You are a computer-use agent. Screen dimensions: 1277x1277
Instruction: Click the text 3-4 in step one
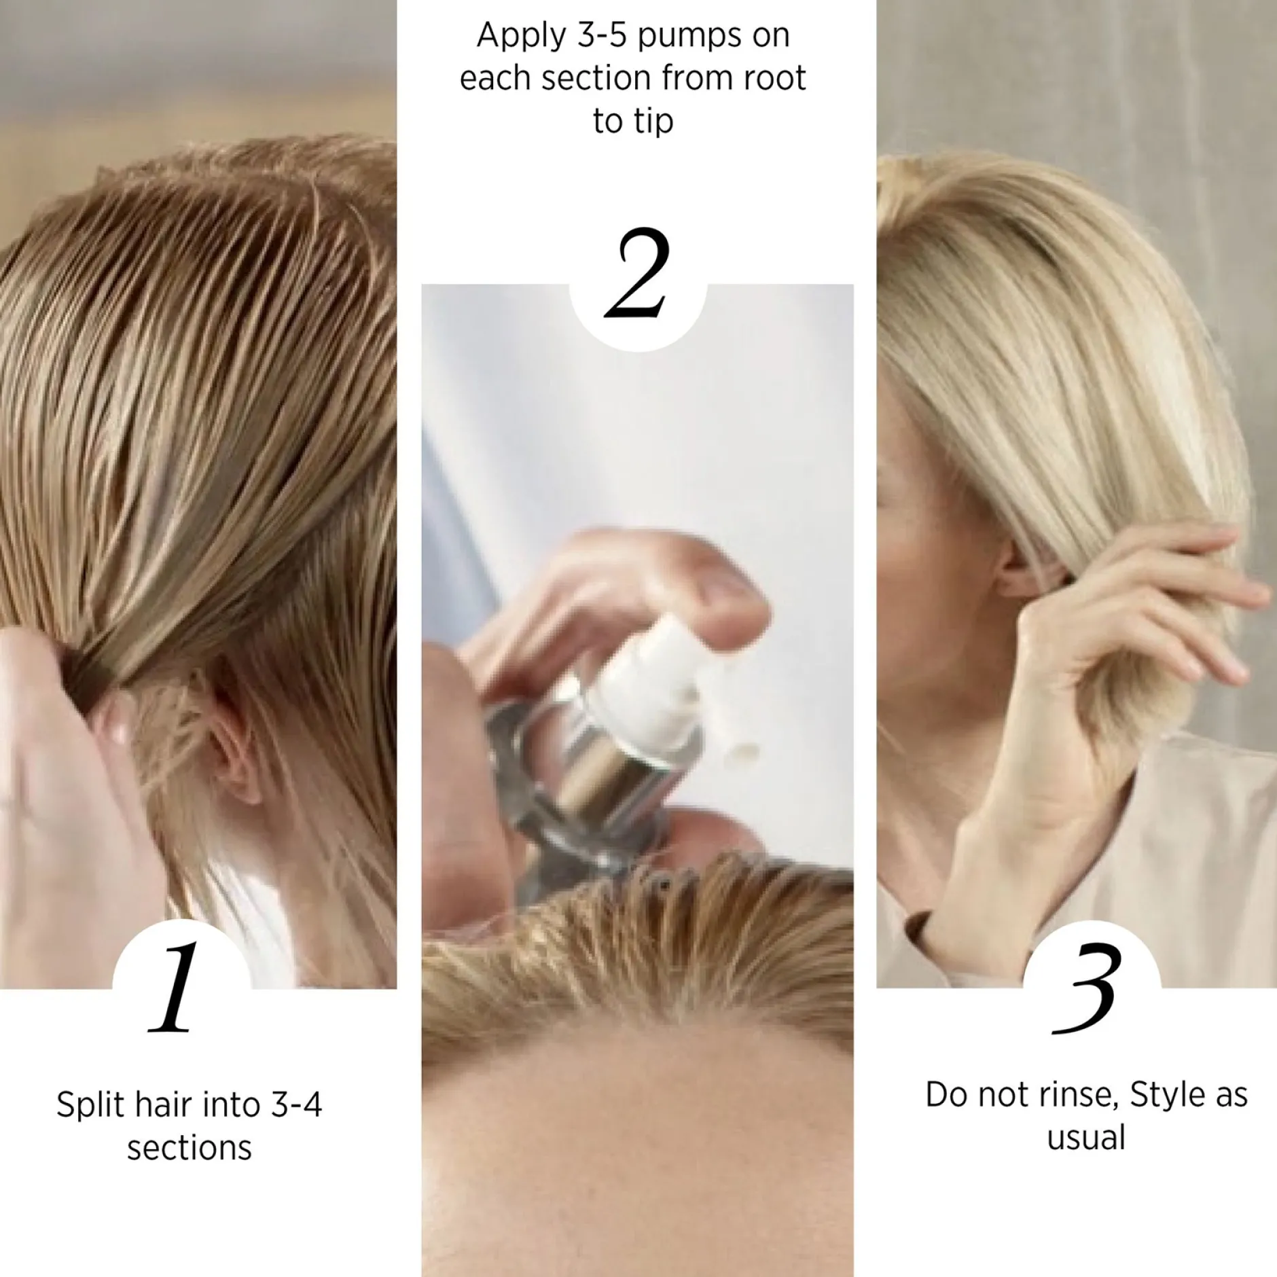click(x=296, y=1104)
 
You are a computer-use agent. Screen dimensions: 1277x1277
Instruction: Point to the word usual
click(x=1087, y=1138)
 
